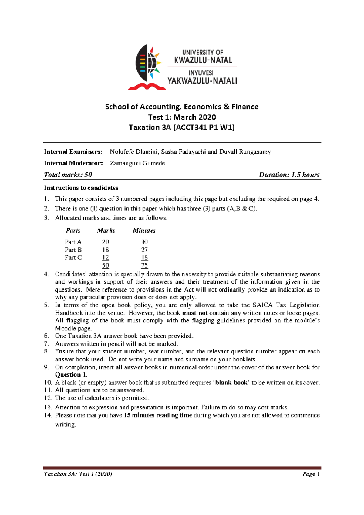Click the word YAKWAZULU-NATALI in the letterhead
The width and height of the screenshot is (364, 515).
202,81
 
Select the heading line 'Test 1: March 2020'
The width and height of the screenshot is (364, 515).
182,117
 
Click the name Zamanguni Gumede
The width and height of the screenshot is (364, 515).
137,163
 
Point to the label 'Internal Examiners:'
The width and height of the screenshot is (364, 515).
73,152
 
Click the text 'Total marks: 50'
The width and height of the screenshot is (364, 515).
68,175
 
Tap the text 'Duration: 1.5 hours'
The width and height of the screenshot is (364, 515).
289,175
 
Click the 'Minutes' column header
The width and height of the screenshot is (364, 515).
144,231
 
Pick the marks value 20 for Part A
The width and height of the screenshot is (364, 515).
105,242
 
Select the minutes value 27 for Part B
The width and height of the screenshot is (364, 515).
144,250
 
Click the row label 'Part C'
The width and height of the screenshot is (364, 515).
73,257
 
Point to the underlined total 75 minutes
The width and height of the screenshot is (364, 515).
144,265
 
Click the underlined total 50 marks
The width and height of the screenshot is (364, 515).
105,265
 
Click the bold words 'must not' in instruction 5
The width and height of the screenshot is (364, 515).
195,313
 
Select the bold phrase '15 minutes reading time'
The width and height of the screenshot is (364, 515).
158,415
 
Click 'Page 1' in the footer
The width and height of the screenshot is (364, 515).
311,474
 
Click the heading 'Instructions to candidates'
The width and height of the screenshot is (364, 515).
81,188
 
